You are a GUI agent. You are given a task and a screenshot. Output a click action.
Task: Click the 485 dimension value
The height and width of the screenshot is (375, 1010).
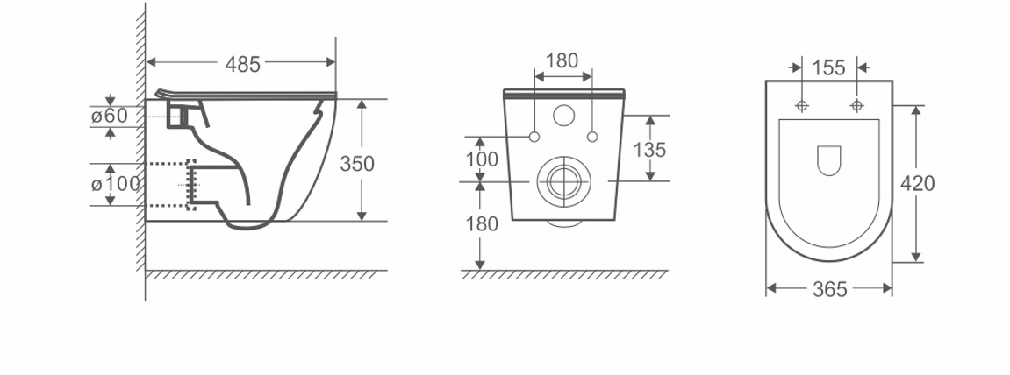pos(243,64)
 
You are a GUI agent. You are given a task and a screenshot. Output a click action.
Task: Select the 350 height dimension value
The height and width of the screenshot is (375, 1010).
pos(357,164)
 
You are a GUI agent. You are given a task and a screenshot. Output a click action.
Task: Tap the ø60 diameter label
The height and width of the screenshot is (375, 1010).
pos(110,116)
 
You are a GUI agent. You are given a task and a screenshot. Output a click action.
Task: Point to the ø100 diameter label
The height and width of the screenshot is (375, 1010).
pos(115,184)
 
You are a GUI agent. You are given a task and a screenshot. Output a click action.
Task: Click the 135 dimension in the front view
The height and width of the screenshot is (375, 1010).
pos(649,150)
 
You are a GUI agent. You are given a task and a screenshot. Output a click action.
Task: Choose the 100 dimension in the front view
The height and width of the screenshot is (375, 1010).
pos(481,159)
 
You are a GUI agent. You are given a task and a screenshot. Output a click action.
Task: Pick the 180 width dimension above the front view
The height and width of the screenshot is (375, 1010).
pos(562,60)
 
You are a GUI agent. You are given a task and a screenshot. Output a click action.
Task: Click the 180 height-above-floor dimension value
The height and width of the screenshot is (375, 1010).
pos(481,223)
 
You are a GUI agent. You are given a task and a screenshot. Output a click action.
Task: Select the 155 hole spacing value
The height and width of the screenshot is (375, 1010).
pos(828,67)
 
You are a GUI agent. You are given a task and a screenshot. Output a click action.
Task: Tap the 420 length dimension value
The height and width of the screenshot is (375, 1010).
pos(917,184)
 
